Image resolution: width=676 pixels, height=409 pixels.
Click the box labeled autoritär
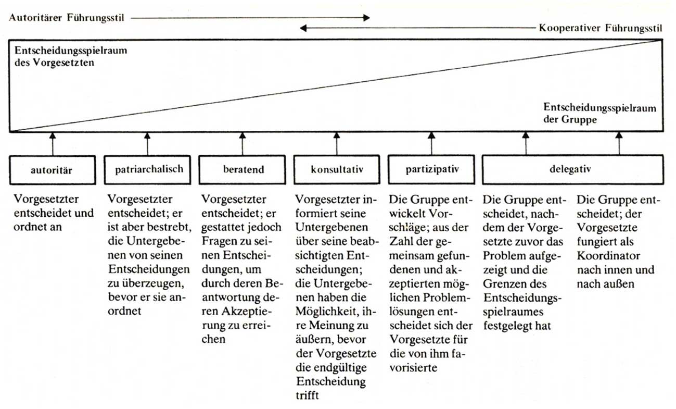[x=53, y=169]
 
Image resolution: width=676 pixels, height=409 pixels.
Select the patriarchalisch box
[x=147, y=169]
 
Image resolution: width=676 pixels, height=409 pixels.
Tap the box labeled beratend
[x=242, y=169]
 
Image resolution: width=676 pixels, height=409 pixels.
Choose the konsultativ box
[x=336, y=169]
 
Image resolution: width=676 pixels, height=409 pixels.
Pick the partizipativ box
[x=431, y=169]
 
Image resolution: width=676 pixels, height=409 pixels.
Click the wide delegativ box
[x=572, y=169]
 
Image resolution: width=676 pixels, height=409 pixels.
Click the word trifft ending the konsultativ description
[x=308, y=395]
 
